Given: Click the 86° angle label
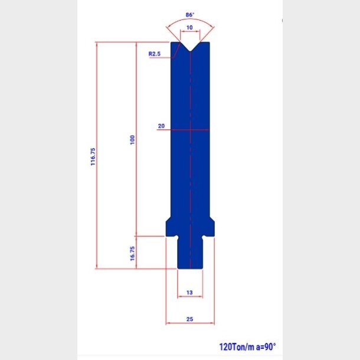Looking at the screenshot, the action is coord(190,15).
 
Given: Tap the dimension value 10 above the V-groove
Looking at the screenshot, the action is coord(189,28).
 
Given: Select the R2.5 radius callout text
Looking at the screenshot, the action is coord(155,54).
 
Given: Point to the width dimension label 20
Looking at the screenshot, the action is coord(161,126).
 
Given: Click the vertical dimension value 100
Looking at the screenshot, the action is coord(132,140).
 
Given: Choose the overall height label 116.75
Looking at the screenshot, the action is coord(93,156).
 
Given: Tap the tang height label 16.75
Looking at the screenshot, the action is coord(132,253).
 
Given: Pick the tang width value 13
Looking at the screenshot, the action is coord(189,293).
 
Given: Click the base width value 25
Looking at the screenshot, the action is coord(189,319).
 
